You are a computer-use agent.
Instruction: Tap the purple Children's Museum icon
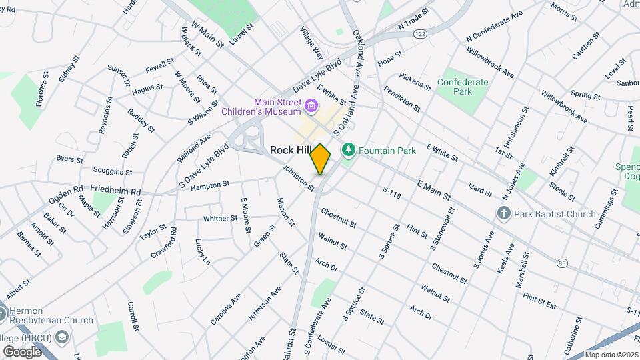click(311, 106)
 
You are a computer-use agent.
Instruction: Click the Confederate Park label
click(463, 87)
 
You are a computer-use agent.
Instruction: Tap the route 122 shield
click(419, 33)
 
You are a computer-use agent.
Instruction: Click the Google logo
click(22, 351)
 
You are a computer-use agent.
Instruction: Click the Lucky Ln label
click(203, 252)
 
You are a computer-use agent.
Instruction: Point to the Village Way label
click(311, 43)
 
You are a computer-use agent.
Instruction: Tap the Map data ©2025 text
click(612, 355)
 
